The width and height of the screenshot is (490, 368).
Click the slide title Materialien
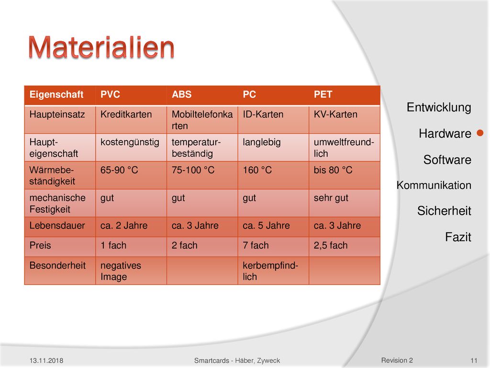(101, 47)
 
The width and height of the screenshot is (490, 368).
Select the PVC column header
(110, 94)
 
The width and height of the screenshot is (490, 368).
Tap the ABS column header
(181, 94)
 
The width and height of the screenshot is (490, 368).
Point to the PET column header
(323, 94)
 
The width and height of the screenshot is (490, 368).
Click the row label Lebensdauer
(57, 226)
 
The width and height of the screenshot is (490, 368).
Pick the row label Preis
(40, 245)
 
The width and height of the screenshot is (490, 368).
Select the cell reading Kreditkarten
(126, 115)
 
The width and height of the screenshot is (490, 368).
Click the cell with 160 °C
(257, 170)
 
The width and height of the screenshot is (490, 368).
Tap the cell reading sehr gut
(331, 198)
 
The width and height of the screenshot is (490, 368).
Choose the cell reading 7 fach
(256, 245)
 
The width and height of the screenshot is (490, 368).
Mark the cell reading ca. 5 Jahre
(266, 226)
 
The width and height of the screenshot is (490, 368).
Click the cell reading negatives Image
(121, 271)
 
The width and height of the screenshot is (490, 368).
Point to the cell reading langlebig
(262, 143)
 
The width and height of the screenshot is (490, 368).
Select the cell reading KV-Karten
(335, 115)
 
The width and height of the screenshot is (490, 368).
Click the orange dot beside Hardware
(480, 133)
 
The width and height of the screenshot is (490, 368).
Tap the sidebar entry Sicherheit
(444, 211)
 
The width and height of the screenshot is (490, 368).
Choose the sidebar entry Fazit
(458, 237)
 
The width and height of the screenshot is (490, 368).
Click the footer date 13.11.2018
(46, 360)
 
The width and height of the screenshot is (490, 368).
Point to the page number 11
(474, 360)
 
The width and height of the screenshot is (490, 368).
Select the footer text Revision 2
(397, 360)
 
